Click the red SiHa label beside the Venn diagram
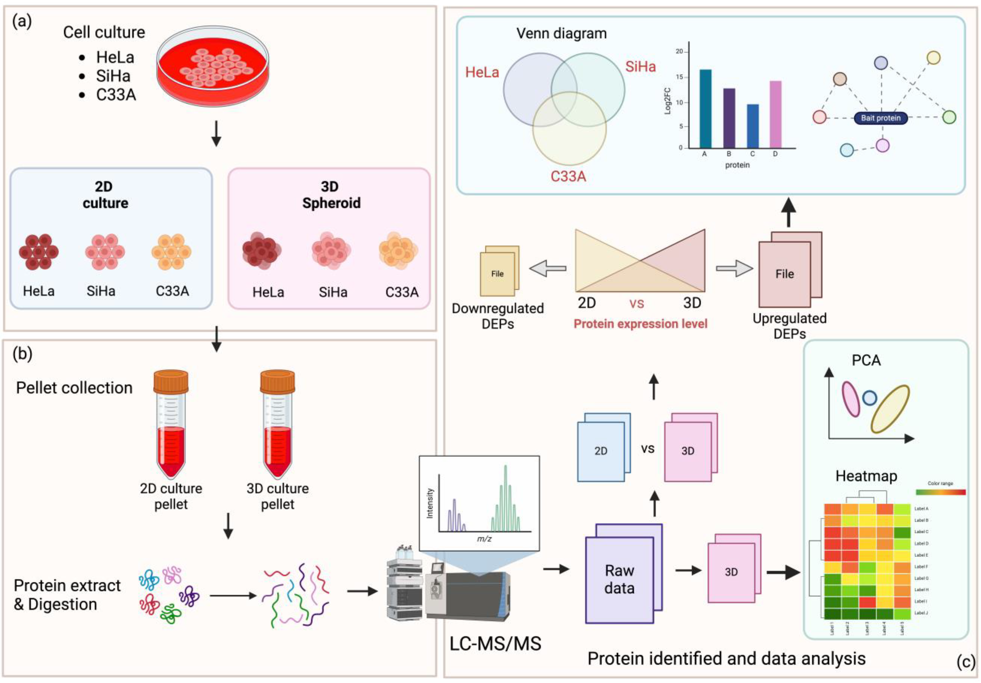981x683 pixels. point(640,67)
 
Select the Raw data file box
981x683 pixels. point(620,579)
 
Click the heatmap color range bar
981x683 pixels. point(940,492)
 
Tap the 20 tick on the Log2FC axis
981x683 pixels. point(679,52)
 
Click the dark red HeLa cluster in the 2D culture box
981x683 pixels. point(39,252)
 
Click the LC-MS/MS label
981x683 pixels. point(495,643)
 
